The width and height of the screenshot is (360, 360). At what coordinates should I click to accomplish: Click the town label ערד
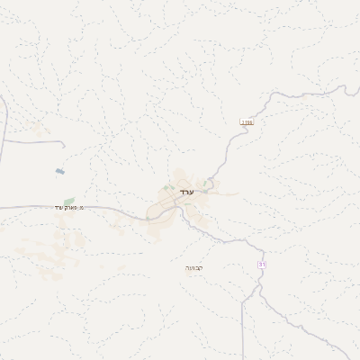tap(186, 192)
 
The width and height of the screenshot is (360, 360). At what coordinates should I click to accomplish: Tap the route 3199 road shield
tap(247, 121)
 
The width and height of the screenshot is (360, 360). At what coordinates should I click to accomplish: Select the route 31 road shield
tap(262, 264)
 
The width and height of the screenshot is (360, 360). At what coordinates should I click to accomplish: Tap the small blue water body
tap(59, 170)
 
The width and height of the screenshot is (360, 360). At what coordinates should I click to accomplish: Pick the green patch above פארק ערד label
tap(68, 201)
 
